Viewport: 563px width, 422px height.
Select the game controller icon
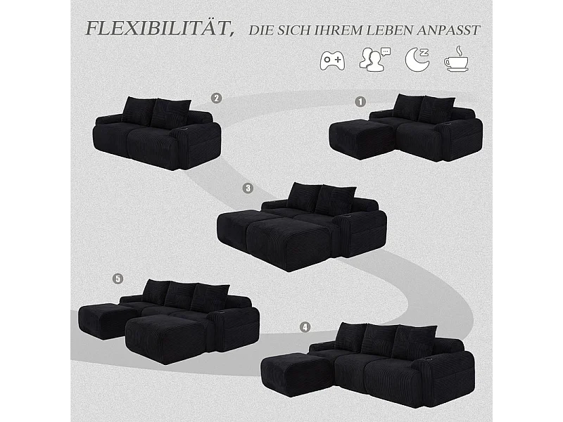click(x=332, y=60)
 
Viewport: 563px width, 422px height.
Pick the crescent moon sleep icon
click(x=417, y=60)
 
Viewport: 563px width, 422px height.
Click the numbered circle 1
click(x=361, y=101)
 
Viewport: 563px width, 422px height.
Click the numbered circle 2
click(x=217, y=98)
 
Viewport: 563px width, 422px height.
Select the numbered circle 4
click(x=304, y=327)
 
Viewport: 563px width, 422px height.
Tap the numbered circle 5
click(x=117, y=279)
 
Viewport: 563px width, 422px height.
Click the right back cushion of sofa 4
click(x=414, y=341)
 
